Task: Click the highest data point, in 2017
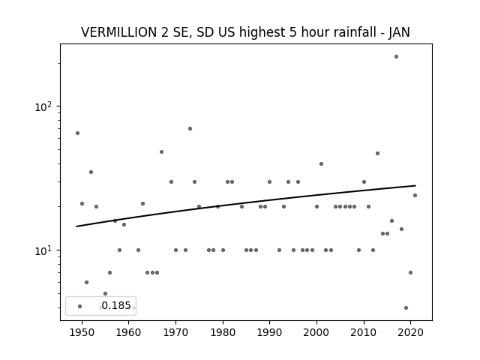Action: [x=396, y=57]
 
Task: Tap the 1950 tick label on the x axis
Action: [x=82, y=332]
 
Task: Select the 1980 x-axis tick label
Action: [x=223, y=332]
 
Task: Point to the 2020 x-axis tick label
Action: [x=410, y=332]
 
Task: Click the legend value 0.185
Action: [x=116, y=305]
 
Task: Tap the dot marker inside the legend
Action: [x=80, y=306]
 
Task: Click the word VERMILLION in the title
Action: [x=119, y=32]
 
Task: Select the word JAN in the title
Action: [x=399, y=32]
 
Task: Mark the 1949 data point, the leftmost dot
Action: [x=77, y=133]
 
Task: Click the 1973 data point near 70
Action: [x=190, y=128]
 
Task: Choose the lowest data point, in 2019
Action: [x=406, y=308]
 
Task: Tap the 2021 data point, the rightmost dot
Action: [x=415, y=195]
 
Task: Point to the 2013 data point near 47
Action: [x=377, y=153]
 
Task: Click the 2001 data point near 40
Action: [x=321, y=163]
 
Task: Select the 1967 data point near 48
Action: [x=162, y=151]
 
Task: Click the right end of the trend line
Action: [x=415, y=185]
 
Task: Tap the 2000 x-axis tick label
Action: [x=316, y=332]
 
